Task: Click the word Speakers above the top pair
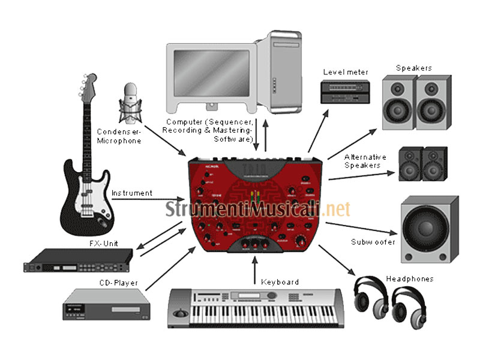[413, 68]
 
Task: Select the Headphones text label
[409, 279]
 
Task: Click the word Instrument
[131, 193]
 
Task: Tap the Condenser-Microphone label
[119, 136]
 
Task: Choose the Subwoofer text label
[373, 242]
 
